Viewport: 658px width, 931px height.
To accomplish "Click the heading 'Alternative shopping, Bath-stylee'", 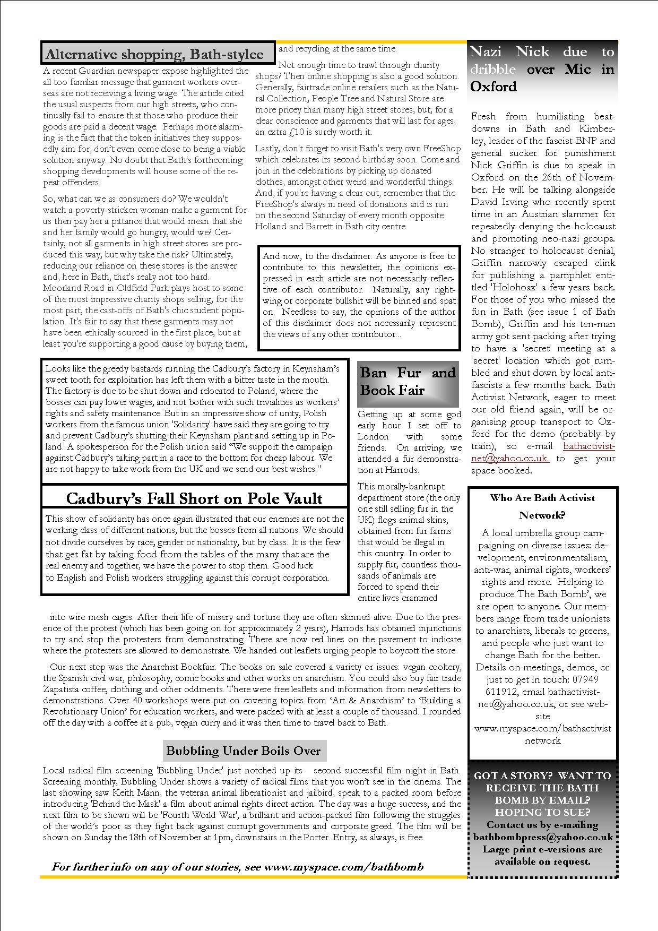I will point(154,54).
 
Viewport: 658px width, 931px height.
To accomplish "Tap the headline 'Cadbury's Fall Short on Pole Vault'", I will point(194,498).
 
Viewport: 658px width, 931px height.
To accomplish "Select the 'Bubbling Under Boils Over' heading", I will point(244,751).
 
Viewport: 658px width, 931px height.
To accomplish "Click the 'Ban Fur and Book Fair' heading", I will point(408,381).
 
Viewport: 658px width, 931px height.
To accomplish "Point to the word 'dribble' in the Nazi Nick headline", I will point(493,69).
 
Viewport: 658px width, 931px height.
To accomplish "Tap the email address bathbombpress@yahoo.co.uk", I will point(543,837).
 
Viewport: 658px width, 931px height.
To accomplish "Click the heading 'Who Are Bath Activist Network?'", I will point(542,506).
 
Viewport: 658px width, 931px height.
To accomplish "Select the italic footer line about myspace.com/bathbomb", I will point(238,867).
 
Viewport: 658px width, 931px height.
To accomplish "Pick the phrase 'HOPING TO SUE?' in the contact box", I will point(542,812).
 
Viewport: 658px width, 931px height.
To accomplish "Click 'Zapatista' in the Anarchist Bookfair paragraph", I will point(61,689).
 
